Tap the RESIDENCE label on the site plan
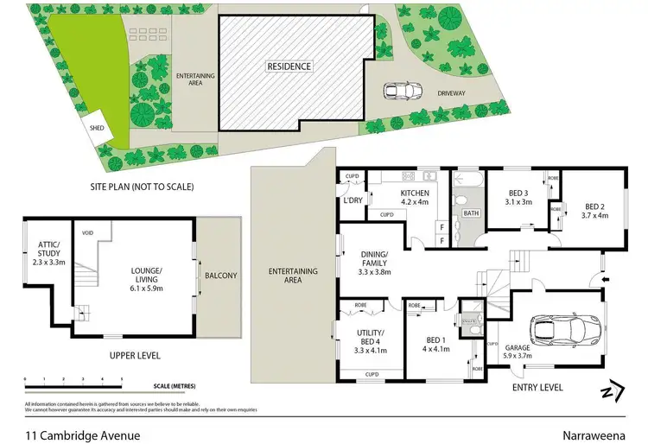(289, 66)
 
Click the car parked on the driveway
(401, 91)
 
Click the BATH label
(471, 212)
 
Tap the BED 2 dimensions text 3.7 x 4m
(596, 216)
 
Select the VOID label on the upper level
(87, 233)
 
